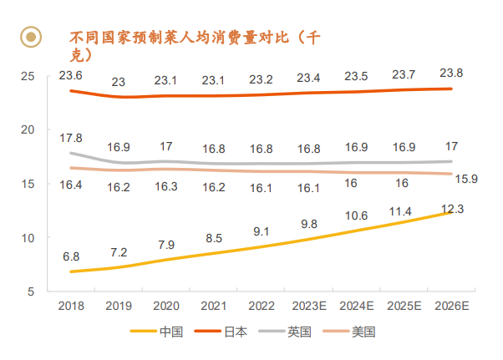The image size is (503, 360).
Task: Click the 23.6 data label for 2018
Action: pyautogui.click(x=71, y=76)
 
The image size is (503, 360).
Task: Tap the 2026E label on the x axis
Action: pyautogui.click(x=451, y=307)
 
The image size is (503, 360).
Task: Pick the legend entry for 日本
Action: pyautogui.click(x=235, y=332)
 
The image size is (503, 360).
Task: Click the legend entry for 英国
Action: pyautogui.click(x=298, y=332)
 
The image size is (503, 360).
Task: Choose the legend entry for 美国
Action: pyautogui.click(x=363, y=332)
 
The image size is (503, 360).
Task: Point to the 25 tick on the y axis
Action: pyautogui.click(x=27, y=76)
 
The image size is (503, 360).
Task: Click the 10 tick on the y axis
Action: pyautogui.click(x=27, y=238)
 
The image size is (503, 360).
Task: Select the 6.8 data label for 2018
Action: pyautogui.click(x=71, y=256)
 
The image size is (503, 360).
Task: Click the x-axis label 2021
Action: pyautogui.click(x=213, y=307)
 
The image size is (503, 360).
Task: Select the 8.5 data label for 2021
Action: pyautogui.click(x=213, y=239)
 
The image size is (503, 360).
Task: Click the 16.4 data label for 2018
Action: pyautogui.click(x=71, y=185)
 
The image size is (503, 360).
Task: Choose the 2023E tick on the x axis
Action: pyautogui.click(x=309, y=307)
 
